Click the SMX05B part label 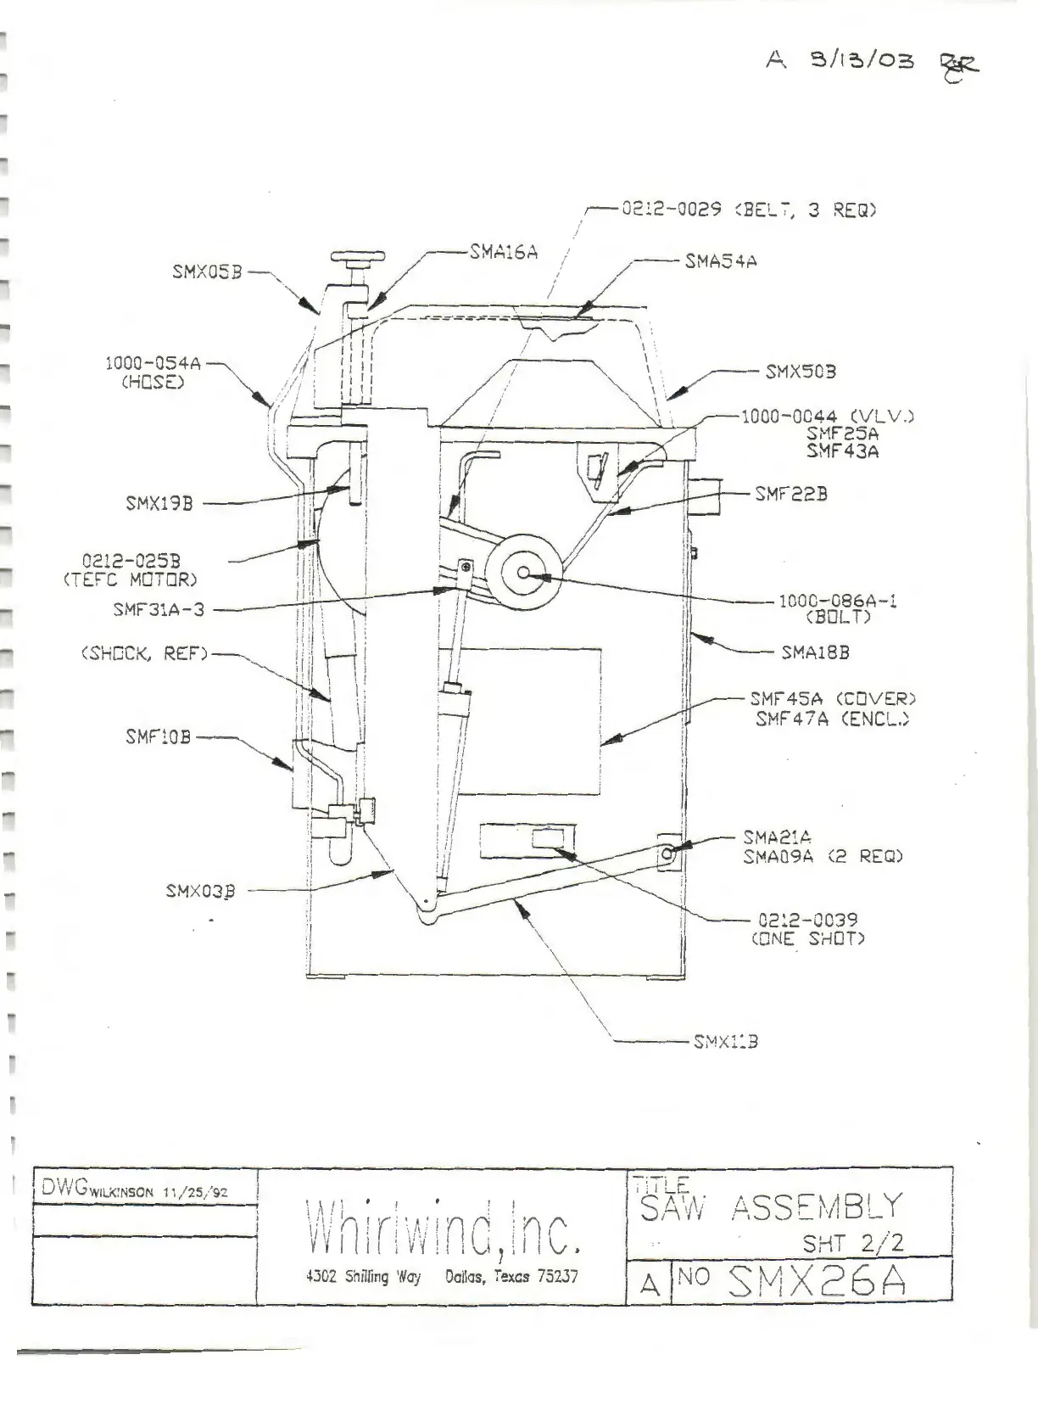[207, 272]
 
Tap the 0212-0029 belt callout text [749, 209]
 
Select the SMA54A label [721, 261]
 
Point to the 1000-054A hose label [153, 363]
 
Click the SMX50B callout [801, 372]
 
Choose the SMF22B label [791, 494]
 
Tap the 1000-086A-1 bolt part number [837, 601]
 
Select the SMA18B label [815, 652]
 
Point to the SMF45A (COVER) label [833, 699]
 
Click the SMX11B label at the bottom [725, 1041]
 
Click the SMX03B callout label [200, 891]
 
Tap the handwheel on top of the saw [358, 256]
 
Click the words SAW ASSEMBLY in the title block [770, 1206]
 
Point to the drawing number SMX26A [818, 1281]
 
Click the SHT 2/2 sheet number [852, 1243]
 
